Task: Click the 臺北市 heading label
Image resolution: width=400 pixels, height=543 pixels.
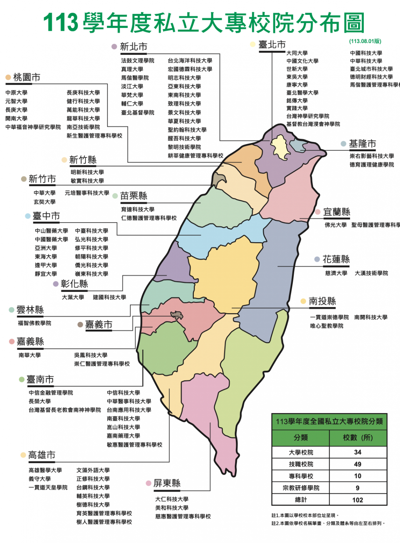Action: [272, 45]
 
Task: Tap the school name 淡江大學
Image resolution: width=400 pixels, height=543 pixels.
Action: [132, 87]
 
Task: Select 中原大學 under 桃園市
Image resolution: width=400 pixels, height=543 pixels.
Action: [16, 93]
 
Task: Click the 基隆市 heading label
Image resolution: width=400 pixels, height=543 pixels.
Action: [362, 144]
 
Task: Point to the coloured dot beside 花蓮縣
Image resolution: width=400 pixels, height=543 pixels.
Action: [317, 259]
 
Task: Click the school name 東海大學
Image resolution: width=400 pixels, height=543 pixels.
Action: [46, 257]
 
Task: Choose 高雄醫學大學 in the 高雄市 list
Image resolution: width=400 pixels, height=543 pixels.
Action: [45, 470]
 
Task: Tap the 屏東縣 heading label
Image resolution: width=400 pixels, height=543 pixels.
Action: [167, 483]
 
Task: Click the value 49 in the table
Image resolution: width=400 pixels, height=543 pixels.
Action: [358, 464]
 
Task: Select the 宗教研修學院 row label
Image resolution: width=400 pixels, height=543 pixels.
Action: [301, 488]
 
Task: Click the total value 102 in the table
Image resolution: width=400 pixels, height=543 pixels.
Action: [358, 500]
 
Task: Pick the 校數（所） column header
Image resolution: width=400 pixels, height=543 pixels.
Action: [358, 438]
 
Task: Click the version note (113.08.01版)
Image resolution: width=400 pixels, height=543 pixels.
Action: [365, 41]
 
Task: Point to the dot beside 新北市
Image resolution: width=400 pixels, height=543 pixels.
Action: [114, 47]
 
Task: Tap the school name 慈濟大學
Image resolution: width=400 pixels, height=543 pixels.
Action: [336, 273]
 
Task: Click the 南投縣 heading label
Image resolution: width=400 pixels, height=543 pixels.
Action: [322, 301]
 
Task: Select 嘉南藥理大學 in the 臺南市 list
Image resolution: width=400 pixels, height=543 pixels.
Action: [123, 436]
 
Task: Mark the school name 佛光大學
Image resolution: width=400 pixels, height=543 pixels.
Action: [336, 225]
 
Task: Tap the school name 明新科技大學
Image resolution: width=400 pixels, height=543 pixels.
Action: [87, 172]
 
